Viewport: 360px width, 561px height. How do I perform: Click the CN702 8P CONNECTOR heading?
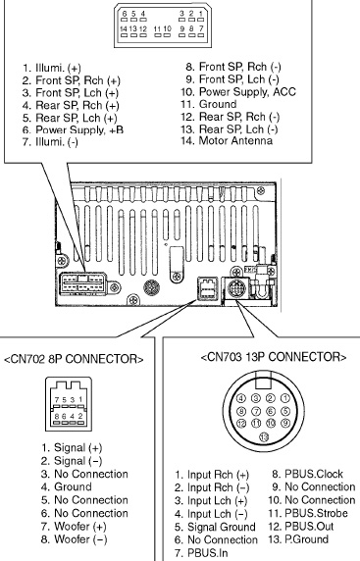click(74, 359)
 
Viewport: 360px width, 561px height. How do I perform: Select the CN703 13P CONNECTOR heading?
click(274, 357)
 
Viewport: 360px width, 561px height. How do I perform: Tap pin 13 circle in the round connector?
click(264, 436)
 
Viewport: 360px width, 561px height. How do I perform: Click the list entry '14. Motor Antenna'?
click(227, 140)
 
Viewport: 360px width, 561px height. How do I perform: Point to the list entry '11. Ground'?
click(209, 104)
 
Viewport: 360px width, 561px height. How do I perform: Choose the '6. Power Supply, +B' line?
click(73, 129)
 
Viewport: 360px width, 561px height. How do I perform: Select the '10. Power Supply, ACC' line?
click(238, 92)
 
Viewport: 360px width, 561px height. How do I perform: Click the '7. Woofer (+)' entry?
click(74, 527)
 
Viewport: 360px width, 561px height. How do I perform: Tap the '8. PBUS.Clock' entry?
click(307, 474)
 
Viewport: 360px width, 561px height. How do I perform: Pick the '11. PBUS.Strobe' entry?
click(308, 513)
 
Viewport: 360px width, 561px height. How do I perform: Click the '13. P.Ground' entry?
click(298, 539)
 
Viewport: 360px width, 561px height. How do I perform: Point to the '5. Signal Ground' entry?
click(215, 527)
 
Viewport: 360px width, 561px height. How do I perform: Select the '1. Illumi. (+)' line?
click(52, 68)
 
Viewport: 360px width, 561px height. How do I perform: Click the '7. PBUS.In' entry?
click(201, 553)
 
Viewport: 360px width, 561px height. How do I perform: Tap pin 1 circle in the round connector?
click(284, 398)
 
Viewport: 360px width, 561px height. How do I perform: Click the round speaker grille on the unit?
click(151, 287)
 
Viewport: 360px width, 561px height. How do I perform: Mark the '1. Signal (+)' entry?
click(72, 447)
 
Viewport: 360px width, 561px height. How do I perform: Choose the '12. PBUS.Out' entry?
click(300, 527)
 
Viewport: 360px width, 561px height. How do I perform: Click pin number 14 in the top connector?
click(124, 28)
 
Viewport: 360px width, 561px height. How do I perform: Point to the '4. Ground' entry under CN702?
click(66, 486)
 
